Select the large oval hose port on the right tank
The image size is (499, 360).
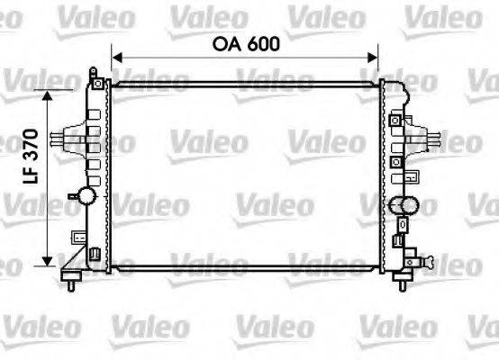point(407,205)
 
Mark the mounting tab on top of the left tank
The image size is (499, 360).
point(92,71)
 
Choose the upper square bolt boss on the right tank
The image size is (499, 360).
point(395,120)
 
